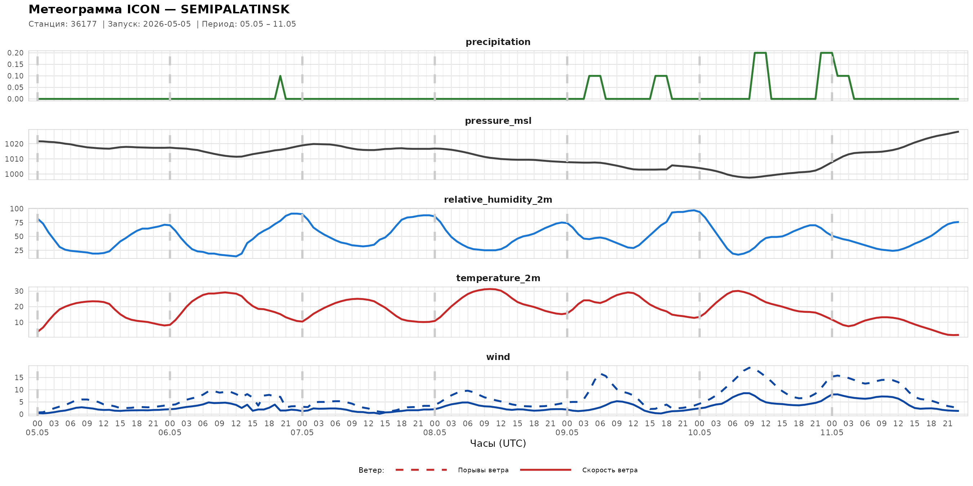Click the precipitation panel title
(x=498, y=42)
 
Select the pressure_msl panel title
(x=498, y=121)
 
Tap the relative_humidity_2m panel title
(x=498, y=199)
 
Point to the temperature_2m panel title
(x=498, y=278)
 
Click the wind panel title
(x=498, y=357)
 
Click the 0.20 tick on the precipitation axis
(x=15, y=53)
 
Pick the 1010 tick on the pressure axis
(x=14, y=159)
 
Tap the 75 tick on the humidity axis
(x=19, y=222)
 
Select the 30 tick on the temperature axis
(x=19, y=291)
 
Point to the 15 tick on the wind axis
(x=19, y=377)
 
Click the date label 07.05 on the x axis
(x=302, y=432)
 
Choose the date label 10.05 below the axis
(x=699, y=432)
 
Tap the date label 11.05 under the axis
(x=832, y=432)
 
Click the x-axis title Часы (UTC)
(x=498, y=444)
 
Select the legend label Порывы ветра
(x=483, y=470)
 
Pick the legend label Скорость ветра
(x=610, y=470)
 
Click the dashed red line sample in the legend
(x=421, y=470)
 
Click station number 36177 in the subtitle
(x=84, y=24)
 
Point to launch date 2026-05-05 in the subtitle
(x=167, y=24)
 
